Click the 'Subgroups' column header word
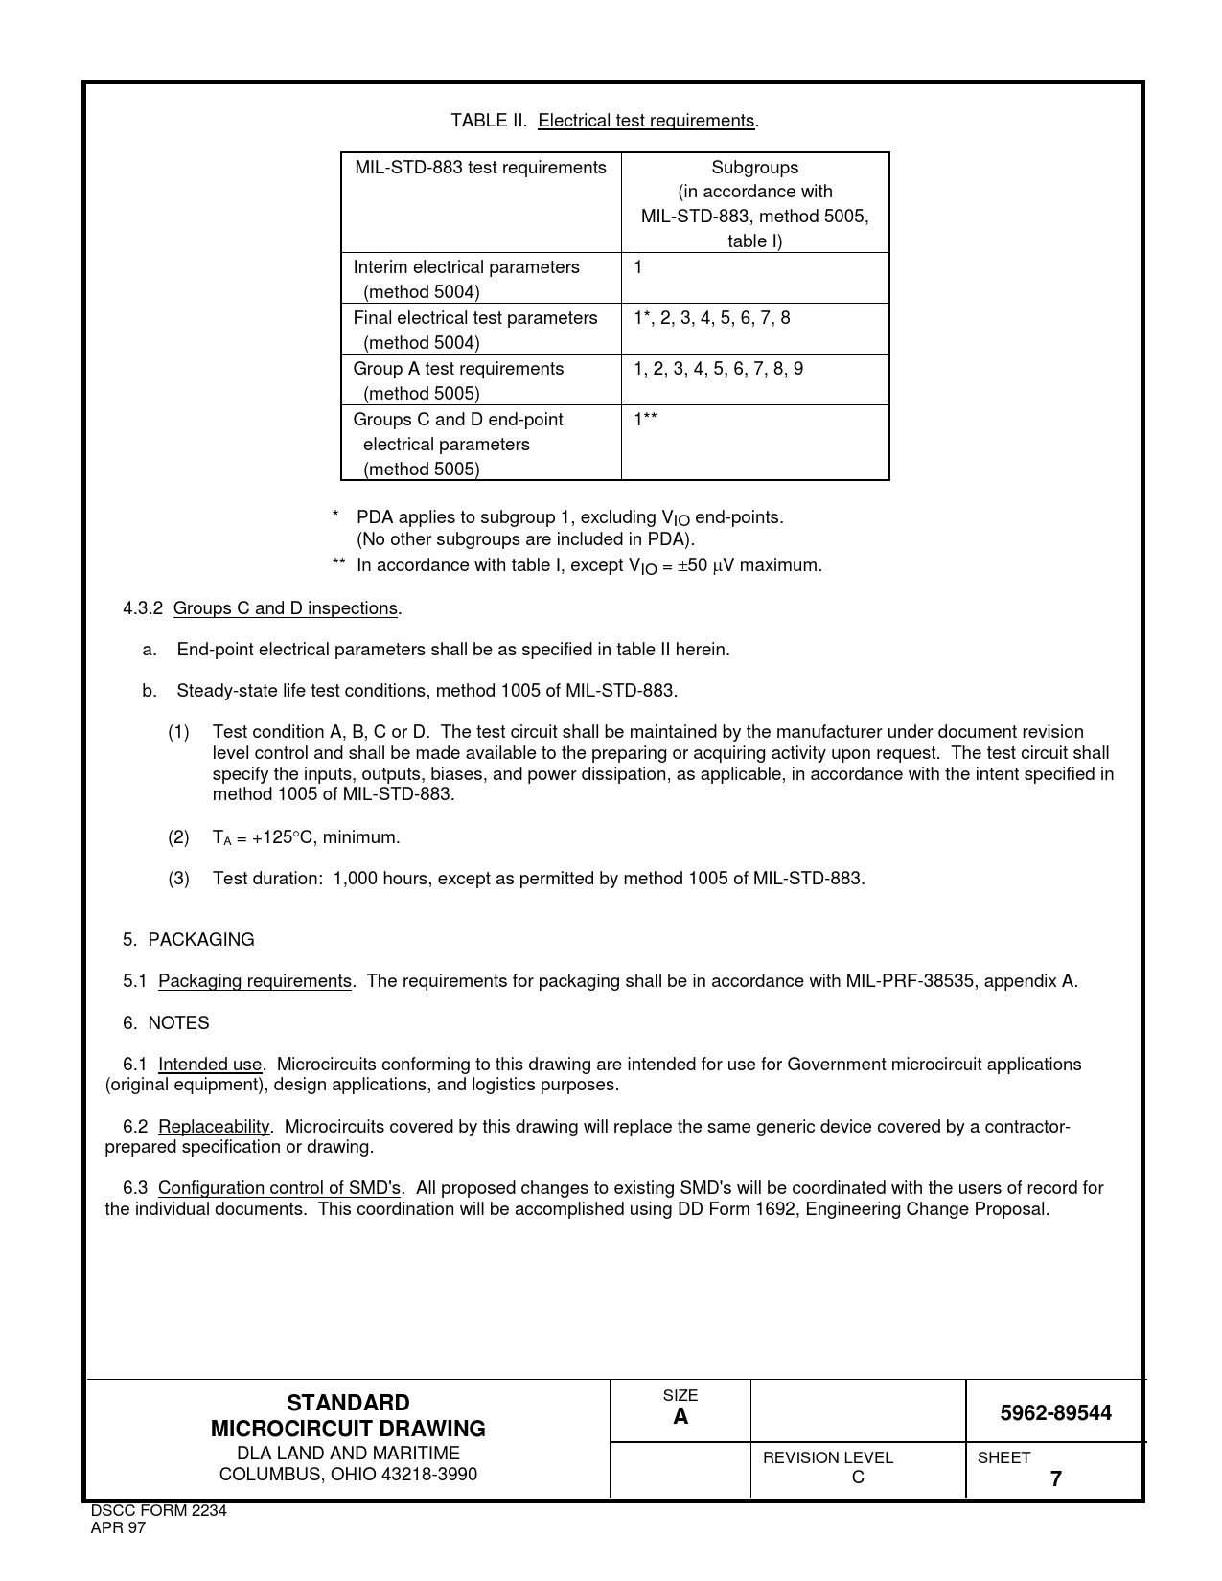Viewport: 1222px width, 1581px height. click(754, 168)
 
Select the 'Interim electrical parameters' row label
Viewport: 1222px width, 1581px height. click(466, 267)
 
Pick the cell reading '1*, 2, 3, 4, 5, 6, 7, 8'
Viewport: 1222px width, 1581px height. click(711, 318)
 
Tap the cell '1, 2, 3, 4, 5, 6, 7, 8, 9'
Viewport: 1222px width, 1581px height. click(718, 369)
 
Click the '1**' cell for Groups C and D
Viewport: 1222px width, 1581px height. click(645, 420)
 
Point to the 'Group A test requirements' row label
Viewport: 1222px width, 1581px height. click(458, 369)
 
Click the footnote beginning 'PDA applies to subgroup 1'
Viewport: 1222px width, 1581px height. click(569, 518)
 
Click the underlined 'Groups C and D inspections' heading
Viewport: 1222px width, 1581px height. click(285, 608)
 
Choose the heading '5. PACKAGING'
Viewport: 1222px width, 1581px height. click(189, 940)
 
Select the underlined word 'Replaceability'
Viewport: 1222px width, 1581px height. click(214, 1127)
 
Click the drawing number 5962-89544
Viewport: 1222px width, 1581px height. click(1055, 1413)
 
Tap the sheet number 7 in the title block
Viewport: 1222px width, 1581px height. click(1055, 1479)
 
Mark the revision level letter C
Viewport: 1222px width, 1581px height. click(858, 1478)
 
